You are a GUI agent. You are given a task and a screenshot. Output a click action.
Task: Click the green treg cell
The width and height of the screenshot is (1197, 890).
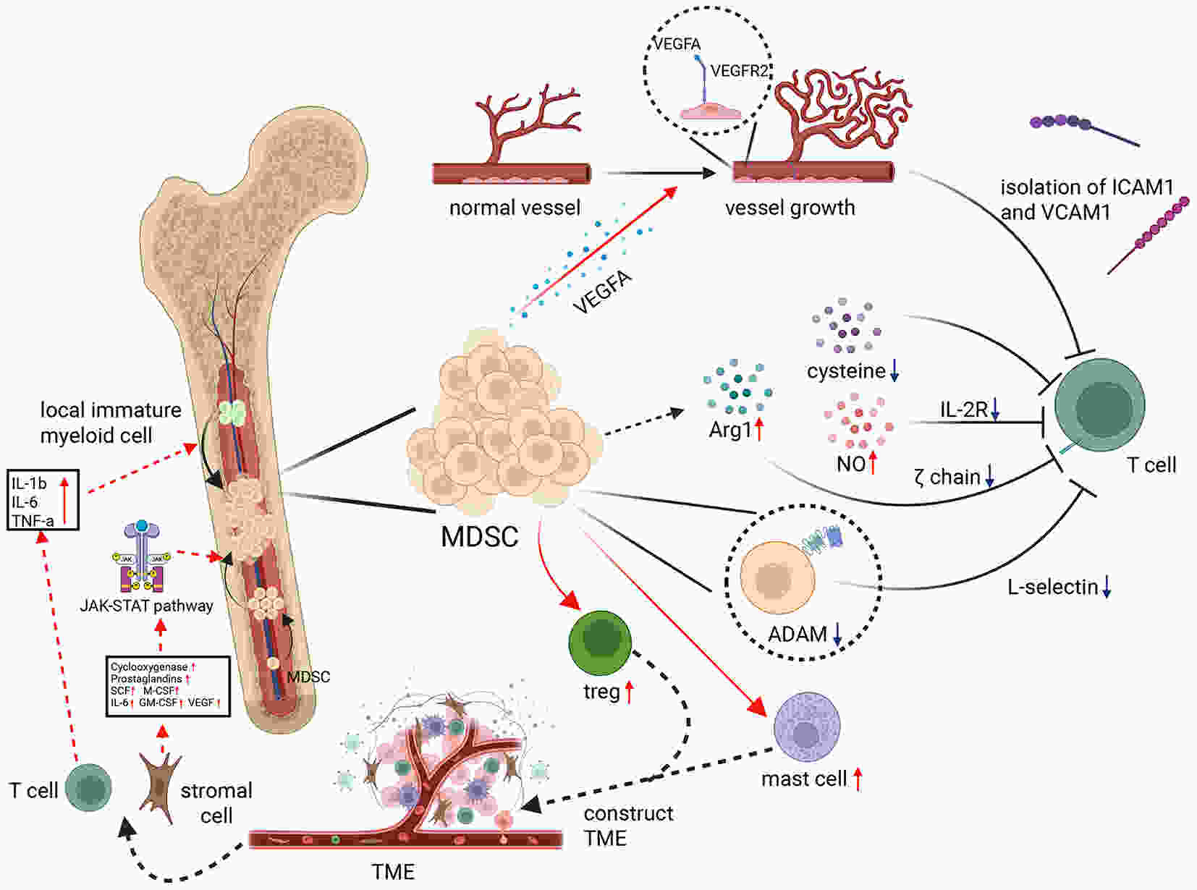pos(599,643)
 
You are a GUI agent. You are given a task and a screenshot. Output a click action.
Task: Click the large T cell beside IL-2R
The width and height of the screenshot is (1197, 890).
pos(1100,404)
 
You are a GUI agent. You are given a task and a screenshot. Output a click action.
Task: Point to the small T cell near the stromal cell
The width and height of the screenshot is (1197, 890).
pos(88,788)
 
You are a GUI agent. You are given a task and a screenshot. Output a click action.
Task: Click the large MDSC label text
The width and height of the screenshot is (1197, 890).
pos(479,536)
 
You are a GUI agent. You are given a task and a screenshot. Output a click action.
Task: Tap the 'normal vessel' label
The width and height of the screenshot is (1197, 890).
pos(515,207)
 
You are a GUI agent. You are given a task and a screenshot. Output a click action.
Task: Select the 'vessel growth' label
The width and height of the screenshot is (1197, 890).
pos(790,208)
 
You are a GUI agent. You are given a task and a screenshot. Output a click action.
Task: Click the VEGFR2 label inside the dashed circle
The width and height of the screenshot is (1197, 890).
pos(739,71)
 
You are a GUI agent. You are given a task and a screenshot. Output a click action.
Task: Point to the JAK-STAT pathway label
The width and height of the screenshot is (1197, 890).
pos(146,606)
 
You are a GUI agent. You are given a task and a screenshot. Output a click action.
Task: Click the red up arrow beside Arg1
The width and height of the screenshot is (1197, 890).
pos(759,430)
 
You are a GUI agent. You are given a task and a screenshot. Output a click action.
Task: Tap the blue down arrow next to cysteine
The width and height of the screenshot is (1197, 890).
pos(894,370)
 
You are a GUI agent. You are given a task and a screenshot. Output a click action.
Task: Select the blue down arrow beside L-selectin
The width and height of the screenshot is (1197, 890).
pos(1107,587)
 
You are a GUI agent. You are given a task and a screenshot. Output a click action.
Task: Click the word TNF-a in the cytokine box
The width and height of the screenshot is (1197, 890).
pos(33,521)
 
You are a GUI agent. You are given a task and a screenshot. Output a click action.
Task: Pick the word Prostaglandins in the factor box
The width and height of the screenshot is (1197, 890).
pos(146,679)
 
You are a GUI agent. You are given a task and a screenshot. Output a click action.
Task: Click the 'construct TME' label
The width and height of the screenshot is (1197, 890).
pos(629,826)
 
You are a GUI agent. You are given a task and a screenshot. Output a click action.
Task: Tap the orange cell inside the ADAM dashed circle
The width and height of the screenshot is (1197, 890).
pos(777,577)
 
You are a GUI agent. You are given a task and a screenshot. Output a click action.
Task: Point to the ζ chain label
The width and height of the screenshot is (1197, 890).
pos(947,477)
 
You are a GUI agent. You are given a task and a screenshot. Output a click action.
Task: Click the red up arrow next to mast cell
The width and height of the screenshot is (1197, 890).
pos(858,779)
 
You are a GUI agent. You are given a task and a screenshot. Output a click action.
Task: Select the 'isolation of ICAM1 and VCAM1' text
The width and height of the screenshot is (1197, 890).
pos(1087,200)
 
